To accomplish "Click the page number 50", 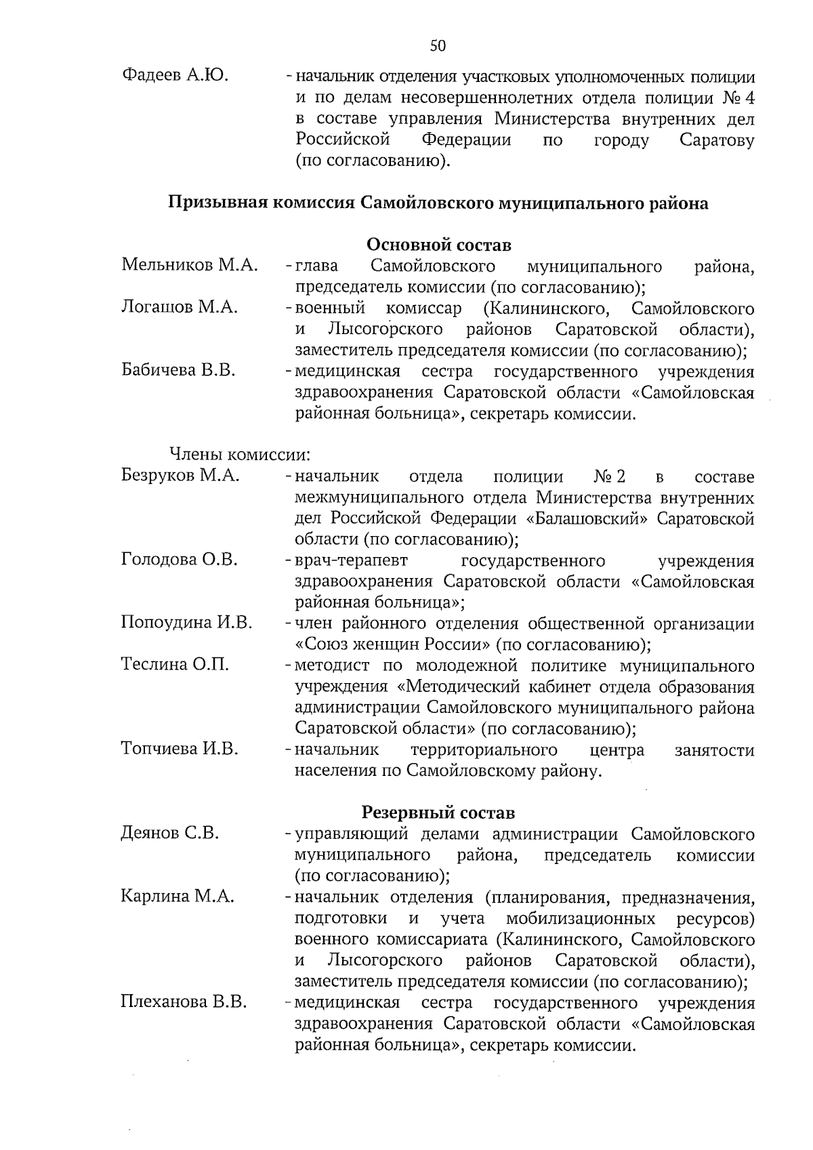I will [438, 46].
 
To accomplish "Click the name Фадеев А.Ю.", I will [175, 75].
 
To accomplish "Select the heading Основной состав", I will [438, 245].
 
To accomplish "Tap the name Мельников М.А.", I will [190, 265].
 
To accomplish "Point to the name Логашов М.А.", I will [180, 308].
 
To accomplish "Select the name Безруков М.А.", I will [180, 476].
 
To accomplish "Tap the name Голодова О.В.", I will [180, 560].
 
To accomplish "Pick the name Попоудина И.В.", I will [186, 623].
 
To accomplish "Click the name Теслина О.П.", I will [175, 665].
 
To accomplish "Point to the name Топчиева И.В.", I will [180, 749].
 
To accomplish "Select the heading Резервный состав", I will [438, 812].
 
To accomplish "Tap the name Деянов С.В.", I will [170, 833].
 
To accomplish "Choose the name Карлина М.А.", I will [178, 897].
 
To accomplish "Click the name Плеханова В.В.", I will [184, 1002].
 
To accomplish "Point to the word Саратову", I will [716, 141].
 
